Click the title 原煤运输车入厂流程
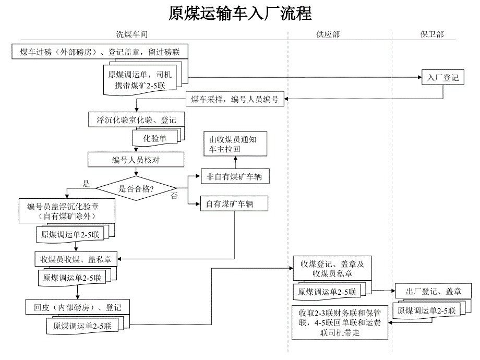[x=240, y=13]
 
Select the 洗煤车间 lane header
[x=131, y=34]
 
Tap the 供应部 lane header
[x=328, y=34]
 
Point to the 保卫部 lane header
[x=432, y=34]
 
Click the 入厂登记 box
[x=443, y=78]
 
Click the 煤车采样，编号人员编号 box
[x=235, y=99]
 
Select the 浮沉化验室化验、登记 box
[x=133, y=119]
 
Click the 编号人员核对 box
[x=136, y=160]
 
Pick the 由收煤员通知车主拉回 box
[x=234, y=144]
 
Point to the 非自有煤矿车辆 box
[x=234, y=177]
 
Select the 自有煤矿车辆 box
[x=234, y=204]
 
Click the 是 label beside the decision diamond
[x=87, y=184]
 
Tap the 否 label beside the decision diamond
[x=174, y=196]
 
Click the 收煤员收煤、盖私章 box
[x=76, y=258]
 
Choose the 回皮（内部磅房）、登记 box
[x=77, y=307]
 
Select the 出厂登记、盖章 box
[x=435, y=291]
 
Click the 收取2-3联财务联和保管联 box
[x=340, y=323]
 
